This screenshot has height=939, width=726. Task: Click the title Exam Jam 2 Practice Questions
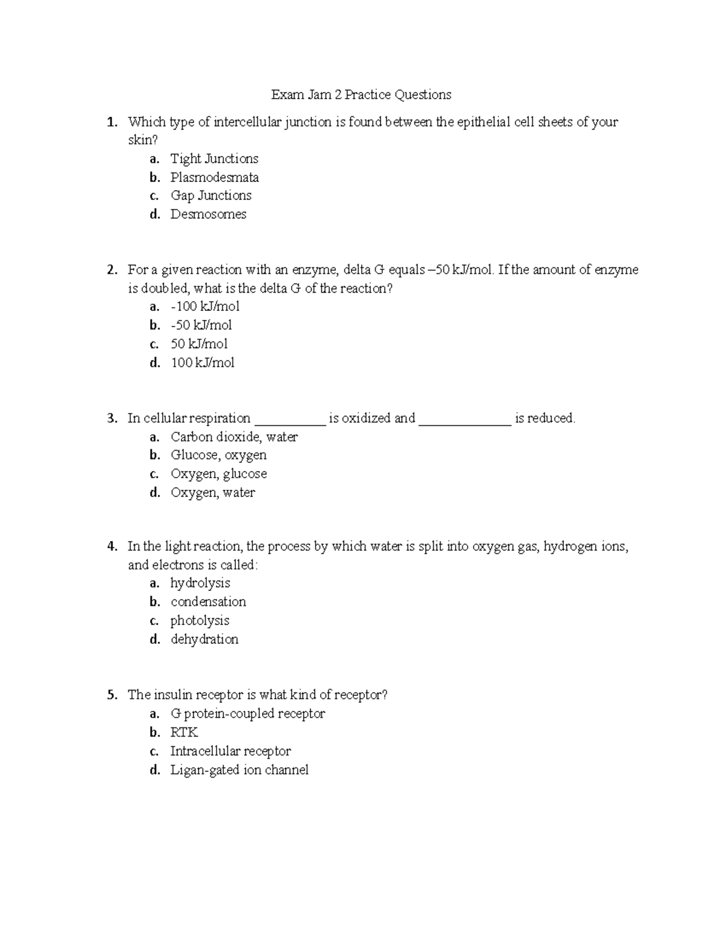pyautogui.click(x=361, y=95)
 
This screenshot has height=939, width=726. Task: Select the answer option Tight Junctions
pyautogui.click(x=214, y=159)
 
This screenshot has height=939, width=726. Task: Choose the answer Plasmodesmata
pyautogui.click(x=214, y=178)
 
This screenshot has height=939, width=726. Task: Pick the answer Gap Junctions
pyautogui.click(x=211, y=196)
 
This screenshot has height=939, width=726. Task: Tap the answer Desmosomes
pyautogui.click(x=208, y=215)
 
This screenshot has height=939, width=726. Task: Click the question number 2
pyautogui.click(x=111, y=270)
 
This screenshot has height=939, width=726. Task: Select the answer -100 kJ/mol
pyautogui.click(x=205, y=307)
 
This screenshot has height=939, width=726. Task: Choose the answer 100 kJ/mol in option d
pyautogui.click(x=203, y=363)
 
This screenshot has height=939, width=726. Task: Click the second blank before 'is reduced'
pyautogui.click(x=465, y=420)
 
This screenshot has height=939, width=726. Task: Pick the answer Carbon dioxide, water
pyautogui.click(x=234, y=437)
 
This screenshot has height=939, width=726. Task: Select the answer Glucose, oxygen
pyautogui.click(x=218, y=455)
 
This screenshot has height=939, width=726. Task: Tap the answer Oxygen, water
pyautogui.click(x=212, y=493)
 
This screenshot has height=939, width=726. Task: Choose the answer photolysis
pyautogui.click(x=200, y=621)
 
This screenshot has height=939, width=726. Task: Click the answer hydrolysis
pyautogui.click(x=200, y=583)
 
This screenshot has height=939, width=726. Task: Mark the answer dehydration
pyautogui.click(x=204, y=640)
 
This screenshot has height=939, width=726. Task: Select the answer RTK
pyautogui.click(x=184, y=733)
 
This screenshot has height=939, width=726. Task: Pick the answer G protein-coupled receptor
pyautogui.click(x=247, y=714)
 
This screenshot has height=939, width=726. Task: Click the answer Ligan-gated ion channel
pyautogui.click(x=240, y=770)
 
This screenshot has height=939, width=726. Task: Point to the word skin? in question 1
pyautogui.click(x=142, y=140)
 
